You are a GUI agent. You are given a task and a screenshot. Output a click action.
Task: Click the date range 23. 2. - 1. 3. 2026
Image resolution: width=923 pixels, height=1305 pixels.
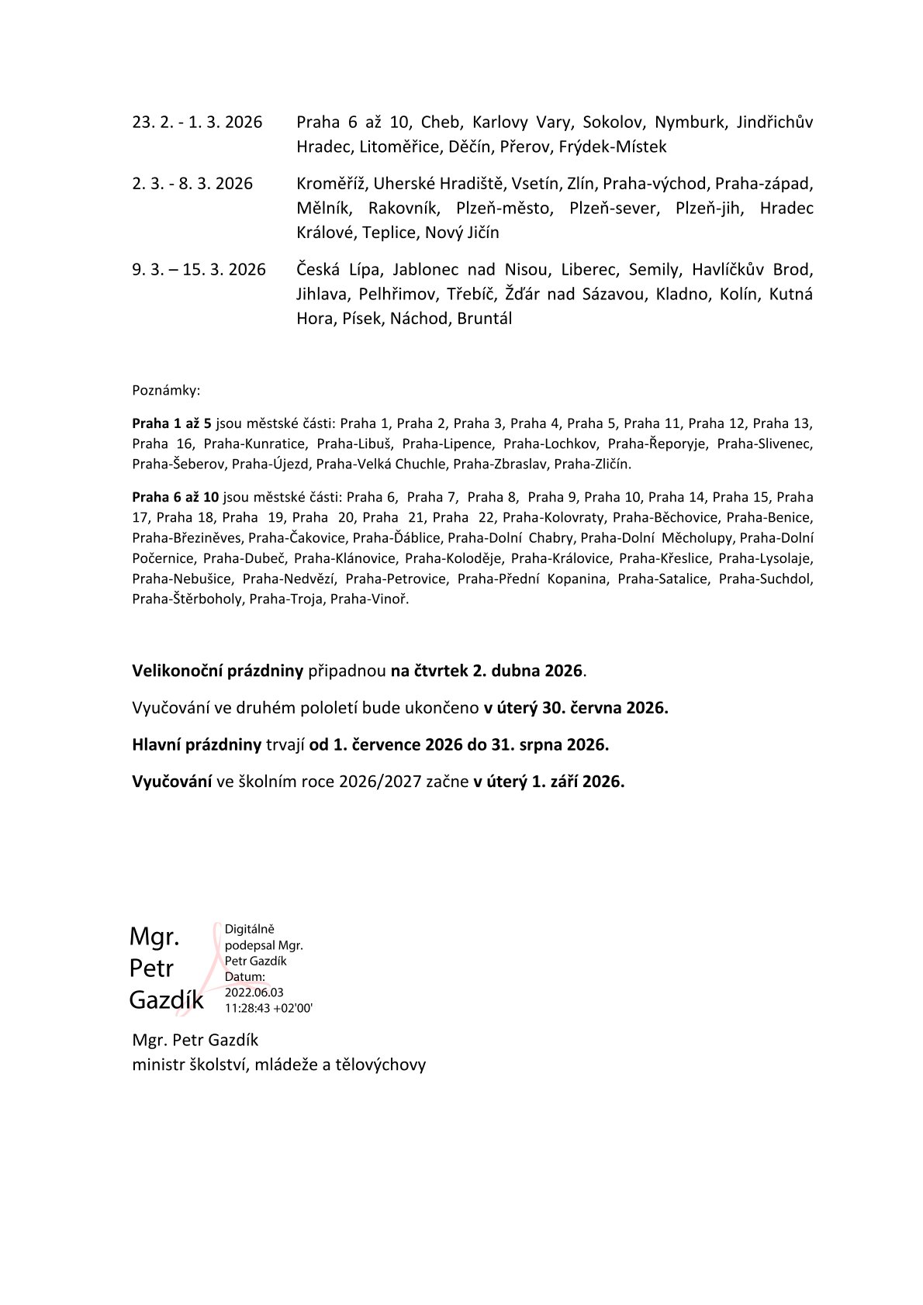[x=197, y=122]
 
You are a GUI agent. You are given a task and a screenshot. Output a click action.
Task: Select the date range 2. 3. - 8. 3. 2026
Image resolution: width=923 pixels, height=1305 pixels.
[x=192, y=184]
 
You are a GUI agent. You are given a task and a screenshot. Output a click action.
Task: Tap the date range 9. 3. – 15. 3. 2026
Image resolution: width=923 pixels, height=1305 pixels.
[x=199, y=270]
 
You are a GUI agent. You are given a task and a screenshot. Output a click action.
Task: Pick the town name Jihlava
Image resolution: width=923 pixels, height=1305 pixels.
[x=321, y=294]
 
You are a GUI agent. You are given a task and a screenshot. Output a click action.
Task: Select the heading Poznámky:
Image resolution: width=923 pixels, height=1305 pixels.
[x=166, y=390]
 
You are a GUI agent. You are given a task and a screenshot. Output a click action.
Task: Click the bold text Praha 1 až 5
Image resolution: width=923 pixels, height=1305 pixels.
[x=171, y=423]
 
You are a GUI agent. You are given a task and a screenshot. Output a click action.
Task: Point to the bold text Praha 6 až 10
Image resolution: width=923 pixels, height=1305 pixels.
[x=175, y=497]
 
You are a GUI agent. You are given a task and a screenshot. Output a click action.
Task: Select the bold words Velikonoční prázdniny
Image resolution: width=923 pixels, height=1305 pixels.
[x=217, y=671]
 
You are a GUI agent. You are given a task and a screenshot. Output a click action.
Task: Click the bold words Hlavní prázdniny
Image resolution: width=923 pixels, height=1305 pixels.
[x=196, y=744]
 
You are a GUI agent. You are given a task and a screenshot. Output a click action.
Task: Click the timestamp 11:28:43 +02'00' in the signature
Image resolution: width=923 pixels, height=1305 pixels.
[x=268, y=1008]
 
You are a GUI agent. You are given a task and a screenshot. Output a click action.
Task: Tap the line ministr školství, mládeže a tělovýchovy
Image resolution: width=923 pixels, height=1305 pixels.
[x=278, y=1065]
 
